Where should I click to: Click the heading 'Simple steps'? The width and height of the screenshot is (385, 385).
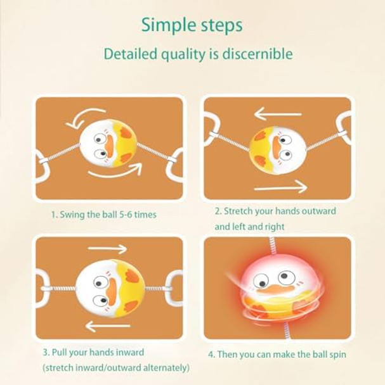(192, 25)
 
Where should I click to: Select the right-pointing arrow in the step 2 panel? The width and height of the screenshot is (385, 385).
(279, 187)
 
